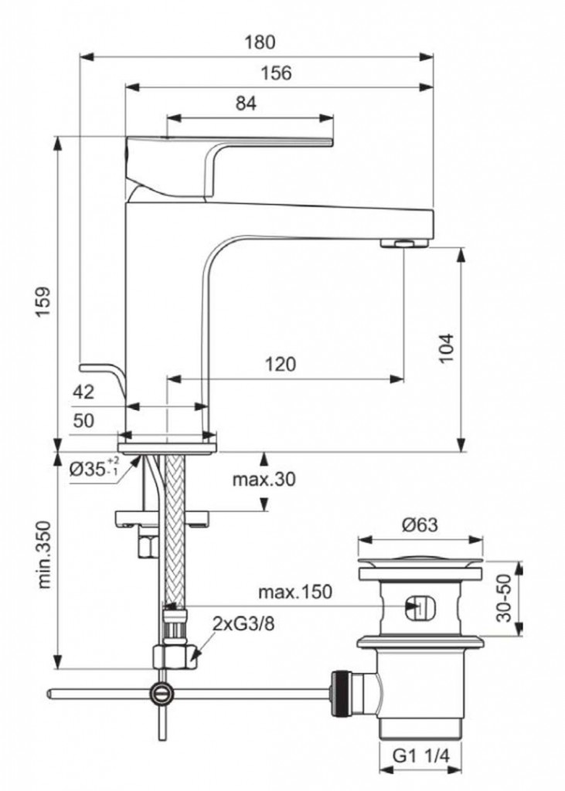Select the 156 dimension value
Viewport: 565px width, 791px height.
[276, 73]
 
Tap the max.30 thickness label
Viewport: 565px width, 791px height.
[264, 480]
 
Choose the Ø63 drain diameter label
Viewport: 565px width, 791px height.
[420, 525]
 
